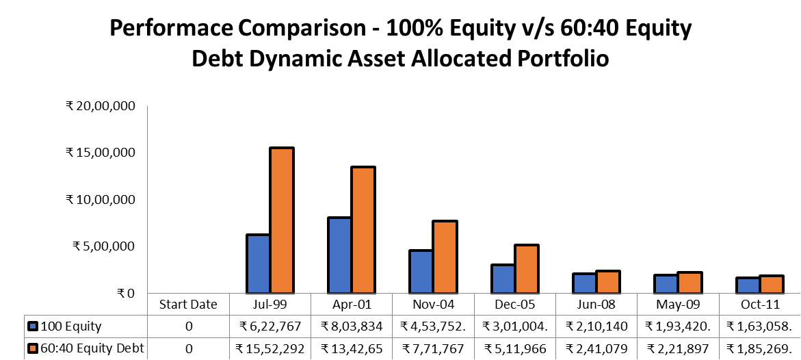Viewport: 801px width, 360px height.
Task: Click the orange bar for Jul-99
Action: [x=282, y=220]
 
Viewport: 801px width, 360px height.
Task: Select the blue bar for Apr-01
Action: [x=340, y=255]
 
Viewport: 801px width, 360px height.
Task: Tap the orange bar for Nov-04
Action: [x=445, y=257]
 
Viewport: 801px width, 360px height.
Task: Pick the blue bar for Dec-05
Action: [x=503, y=279]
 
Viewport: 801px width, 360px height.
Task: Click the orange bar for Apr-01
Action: [x=363, y=230]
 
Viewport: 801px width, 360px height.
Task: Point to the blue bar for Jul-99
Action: [x=258, y=263]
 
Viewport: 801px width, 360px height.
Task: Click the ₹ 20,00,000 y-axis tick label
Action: [x=101, y=106]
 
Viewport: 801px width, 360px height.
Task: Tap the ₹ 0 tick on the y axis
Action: [x=126, y=294]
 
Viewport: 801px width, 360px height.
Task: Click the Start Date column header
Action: [x=188, y=305]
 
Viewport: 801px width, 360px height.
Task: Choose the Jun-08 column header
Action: [x=596, y=305]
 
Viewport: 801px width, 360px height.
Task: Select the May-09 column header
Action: [x=677, y=305]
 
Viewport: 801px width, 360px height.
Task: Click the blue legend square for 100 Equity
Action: [x=32, y=326]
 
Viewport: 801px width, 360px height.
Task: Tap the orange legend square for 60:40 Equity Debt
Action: [x=32, y=349]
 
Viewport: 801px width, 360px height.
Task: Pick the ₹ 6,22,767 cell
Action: [x=270, y=326]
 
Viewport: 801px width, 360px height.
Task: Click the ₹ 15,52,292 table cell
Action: [x=270, y=349]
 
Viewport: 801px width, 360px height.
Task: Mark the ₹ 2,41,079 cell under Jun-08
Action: [x=596, y=349]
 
